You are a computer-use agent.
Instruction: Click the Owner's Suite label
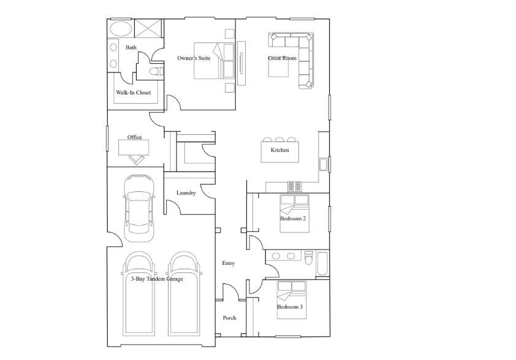[194, 58]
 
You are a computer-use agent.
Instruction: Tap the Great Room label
[282, 58]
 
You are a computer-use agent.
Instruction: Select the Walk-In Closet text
[133, 93]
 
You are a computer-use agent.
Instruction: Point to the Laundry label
[186, 193]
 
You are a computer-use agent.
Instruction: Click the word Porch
[229, 318]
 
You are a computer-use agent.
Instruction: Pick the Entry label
[229, 263]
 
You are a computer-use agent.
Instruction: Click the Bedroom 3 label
[290, 307]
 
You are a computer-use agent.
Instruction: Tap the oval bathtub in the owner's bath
[121, 29]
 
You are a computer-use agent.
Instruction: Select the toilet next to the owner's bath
[156, 71]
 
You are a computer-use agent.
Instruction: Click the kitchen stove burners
[295, 186]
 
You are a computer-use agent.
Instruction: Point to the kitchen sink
[323, 164]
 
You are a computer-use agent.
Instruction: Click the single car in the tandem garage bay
[138, 209]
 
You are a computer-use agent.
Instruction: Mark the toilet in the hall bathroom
[309, 258]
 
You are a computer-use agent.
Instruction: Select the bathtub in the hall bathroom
[322, 264]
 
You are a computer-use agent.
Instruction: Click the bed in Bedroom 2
[294, 213]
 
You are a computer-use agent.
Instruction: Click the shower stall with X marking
[148, 29]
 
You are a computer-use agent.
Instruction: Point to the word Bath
[131, 48]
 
